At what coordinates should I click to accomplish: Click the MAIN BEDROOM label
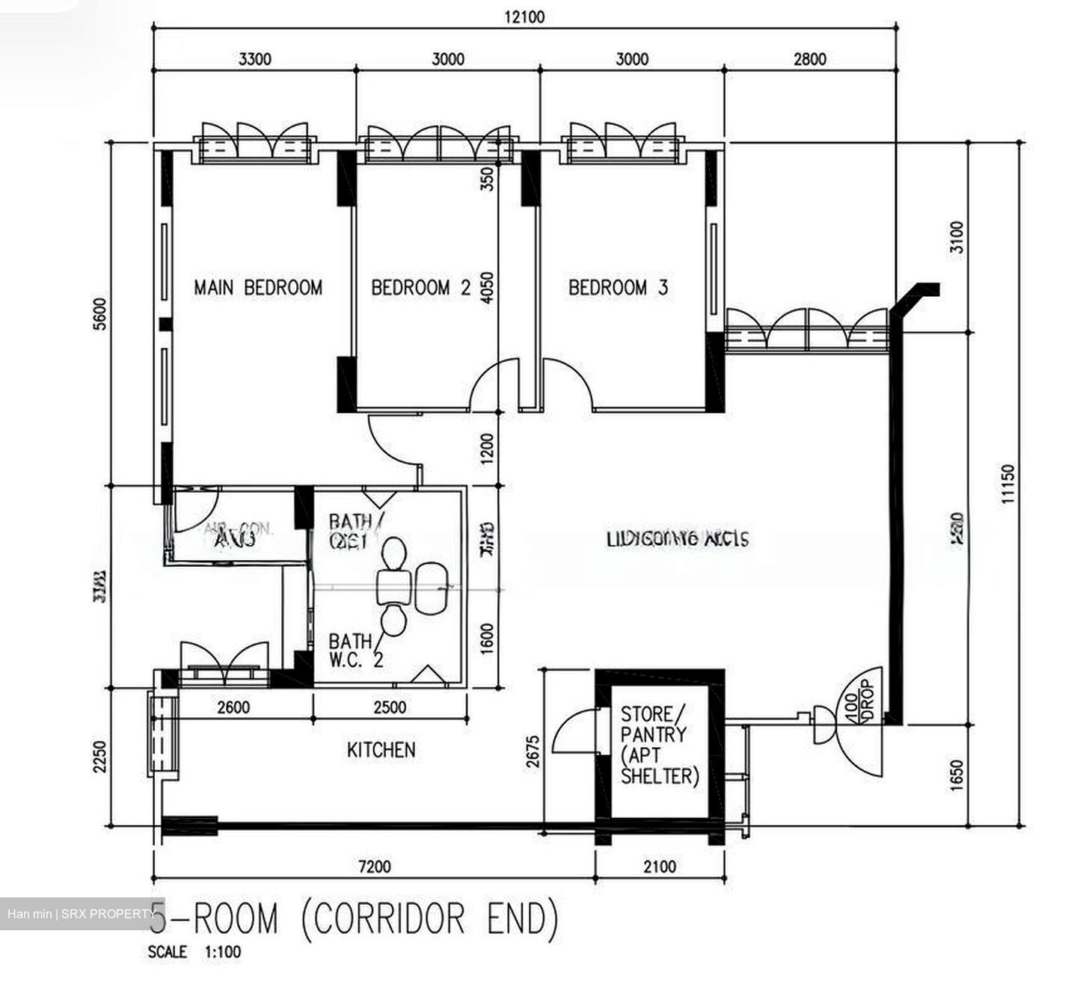coord(258,288)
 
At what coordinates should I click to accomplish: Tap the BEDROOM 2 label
coord(421,288)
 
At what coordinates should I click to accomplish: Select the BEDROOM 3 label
coord(618,288)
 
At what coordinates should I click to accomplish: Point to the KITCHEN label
coord(381,750)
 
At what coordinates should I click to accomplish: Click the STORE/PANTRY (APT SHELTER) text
coord(659,745)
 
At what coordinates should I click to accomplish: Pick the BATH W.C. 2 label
coord(355,651)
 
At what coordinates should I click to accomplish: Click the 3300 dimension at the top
coord(254,59)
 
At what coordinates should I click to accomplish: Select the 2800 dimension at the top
coord(810,59)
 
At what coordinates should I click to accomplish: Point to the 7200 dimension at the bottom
coord(374,867)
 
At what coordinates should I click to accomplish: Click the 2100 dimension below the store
coord(660,867)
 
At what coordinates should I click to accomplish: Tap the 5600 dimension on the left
coord(102,314)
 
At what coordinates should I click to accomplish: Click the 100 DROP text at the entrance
coord(859,701)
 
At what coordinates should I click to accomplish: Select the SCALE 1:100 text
coord(194,953)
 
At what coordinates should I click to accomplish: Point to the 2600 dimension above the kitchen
coord(233,707)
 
